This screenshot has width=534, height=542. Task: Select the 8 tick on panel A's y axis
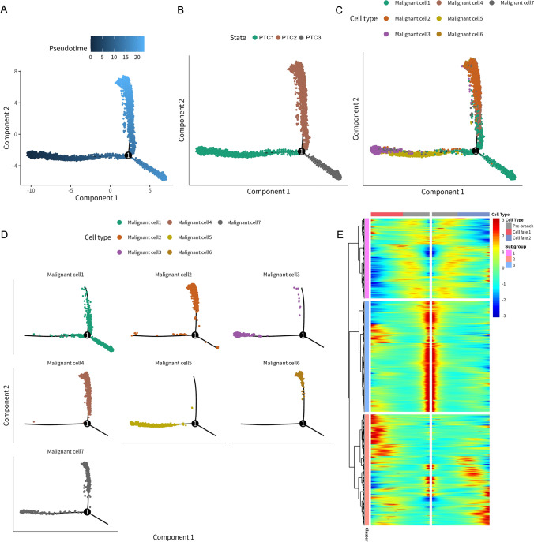(16, 72)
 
